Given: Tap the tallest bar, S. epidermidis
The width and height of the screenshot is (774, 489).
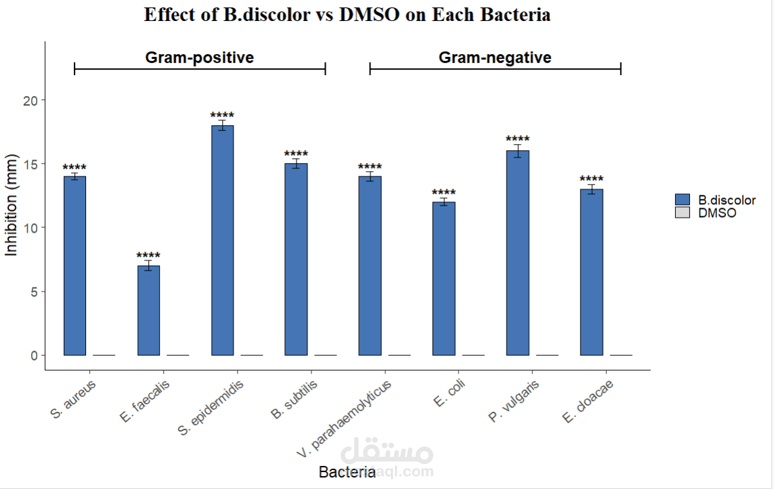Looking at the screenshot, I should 222,240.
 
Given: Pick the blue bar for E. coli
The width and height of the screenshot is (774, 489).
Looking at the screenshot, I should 444,278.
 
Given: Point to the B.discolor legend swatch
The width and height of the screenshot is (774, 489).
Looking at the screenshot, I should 682,200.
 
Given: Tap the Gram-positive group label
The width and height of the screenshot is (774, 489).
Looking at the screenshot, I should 200,57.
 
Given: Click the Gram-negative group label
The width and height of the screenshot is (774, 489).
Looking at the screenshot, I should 495,57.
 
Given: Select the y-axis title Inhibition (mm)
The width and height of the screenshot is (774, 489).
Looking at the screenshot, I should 12,205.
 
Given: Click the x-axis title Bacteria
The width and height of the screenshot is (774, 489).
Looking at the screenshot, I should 347,472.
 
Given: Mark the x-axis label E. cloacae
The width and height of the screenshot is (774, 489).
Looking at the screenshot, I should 586,400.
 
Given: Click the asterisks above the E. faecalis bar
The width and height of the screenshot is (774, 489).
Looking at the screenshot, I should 148,256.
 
